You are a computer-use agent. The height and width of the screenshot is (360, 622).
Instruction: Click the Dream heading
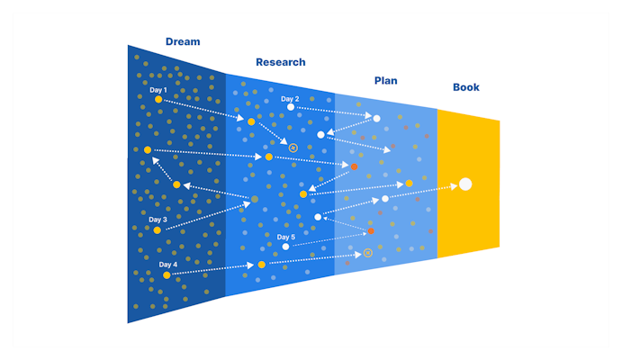point(183,41)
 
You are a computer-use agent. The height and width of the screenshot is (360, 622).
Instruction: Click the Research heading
point(280,62)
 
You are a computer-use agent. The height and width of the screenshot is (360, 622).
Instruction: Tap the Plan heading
point(385,80)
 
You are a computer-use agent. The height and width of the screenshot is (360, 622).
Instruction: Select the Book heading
point(466,87)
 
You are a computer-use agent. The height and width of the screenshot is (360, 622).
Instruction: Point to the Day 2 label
point(289,98)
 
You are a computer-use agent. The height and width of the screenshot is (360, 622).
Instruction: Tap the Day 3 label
point(158,219)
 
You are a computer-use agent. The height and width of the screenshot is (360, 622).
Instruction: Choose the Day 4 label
point(167,265)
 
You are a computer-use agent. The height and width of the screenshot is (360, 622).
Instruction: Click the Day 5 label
point(285,237)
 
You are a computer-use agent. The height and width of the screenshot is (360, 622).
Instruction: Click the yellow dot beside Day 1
point(158,100)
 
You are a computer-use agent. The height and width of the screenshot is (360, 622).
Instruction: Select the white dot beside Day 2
point(290,108)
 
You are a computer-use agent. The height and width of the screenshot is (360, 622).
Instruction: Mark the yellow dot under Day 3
point(157,230)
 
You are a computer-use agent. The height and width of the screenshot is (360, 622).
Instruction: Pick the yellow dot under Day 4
point(167,275)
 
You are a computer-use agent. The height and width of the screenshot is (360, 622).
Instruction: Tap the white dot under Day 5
point(285,247)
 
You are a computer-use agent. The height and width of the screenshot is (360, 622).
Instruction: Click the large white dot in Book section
point(465,184)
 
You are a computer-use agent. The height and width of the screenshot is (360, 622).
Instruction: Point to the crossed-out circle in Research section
point(293,147)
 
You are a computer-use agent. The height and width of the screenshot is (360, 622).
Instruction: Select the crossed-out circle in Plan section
point(367,254)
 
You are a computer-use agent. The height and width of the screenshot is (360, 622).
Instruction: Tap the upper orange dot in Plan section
point(354,166)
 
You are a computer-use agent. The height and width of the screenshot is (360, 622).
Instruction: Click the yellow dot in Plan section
point(409,184)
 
